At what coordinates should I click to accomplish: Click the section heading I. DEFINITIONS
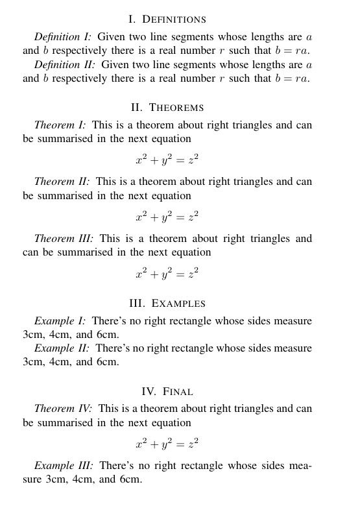[x=167, y=19]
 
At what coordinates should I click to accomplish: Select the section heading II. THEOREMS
[x=167, y=108]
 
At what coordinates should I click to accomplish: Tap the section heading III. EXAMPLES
[x=167, y=304]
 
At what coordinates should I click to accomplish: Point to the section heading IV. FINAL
[x=167, y=392]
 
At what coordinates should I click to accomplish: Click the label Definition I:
[x=63, y=37]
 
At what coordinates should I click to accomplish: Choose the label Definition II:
[x=64, y=65]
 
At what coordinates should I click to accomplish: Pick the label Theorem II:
[x=62, y=182]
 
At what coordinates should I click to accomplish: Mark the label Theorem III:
[x=64, y=239]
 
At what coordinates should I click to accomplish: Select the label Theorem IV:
[x=63, y=409]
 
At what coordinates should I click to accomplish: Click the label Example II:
[x=62, y=348]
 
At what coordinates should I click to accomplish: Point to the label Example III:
[x=64, y=466]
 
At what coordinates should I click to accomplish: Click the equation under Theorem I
[x=167, y=160]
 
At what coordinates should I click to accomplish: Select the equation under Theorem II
[x=167, y=216]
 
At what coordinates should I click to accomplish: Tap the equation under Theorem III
[x=167, y=273]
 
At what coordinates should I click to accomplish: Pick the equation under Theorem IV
[x=167, y=444]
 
